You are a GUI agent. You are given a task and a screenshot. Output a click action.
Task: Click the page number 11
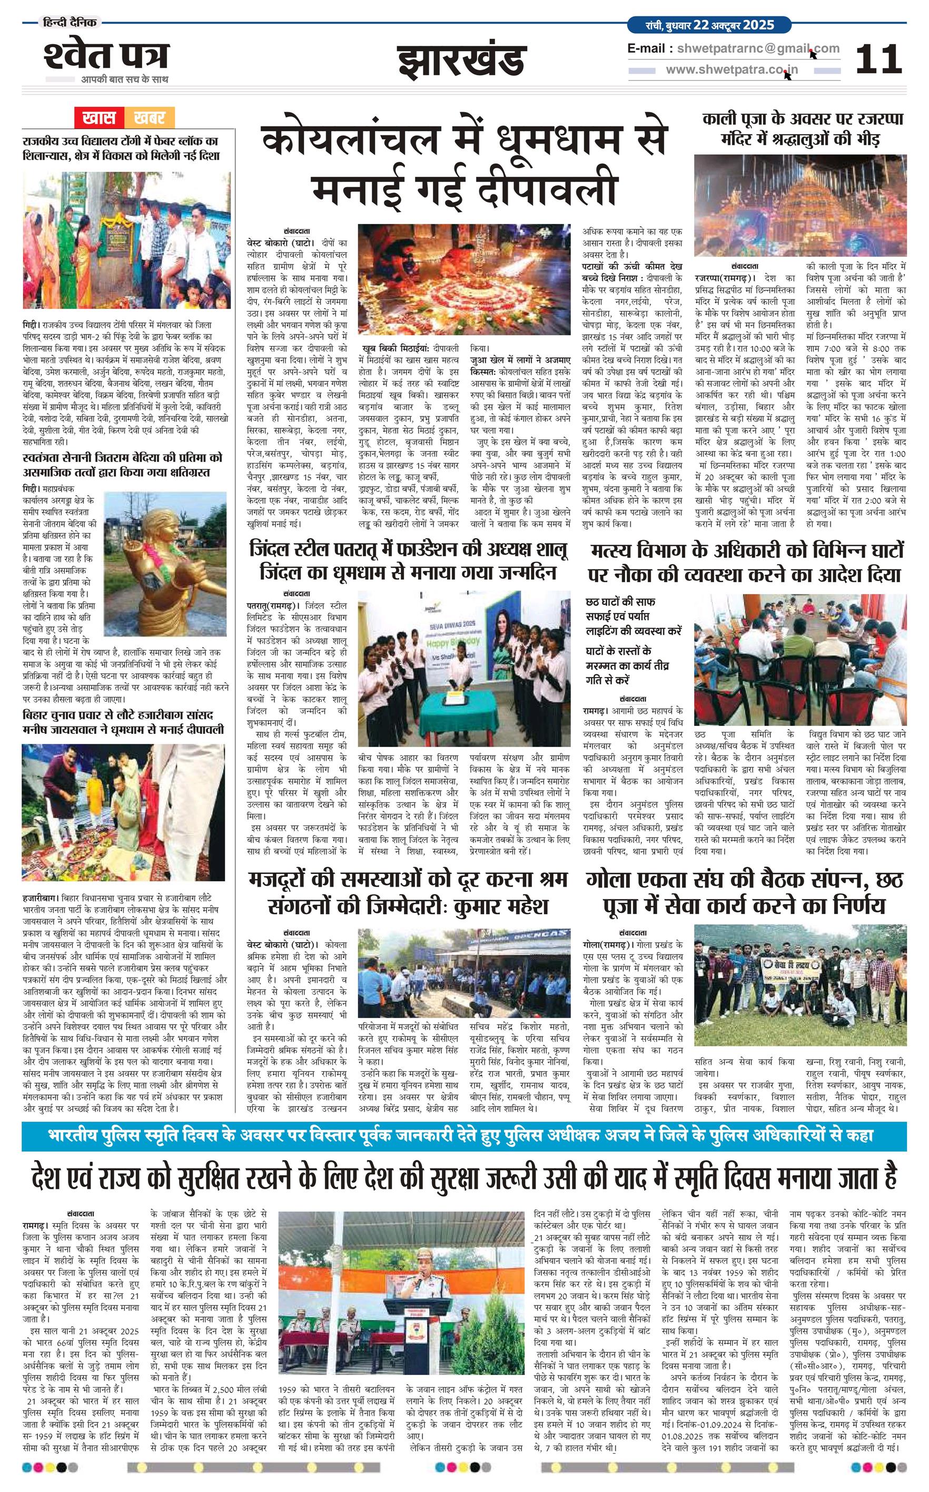point(878,60)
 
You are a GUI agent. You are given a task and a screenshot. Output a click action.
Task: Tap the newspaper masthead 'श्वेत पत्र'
point(105,56)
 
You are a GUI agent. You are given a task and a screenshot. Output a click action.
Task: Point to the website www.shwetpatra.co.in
point(732,70)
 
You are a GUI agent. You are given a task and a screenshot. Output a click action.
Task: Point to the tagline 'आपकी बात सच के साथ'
point(125,79)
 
